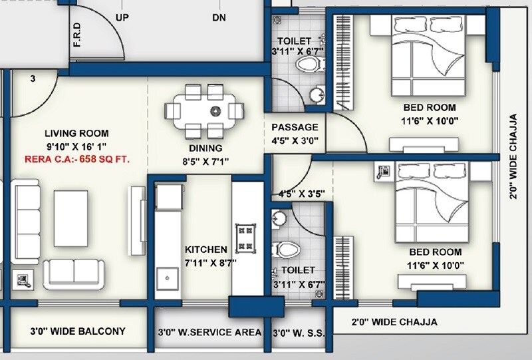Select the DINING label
point(205,148)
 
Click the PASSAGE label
point(295,127)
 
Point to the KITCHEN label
point(206,250)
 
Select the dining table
point(203,110)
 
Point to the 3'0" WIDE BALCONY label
point(78,331)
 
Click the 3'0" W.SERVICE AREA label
point(209,331)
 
